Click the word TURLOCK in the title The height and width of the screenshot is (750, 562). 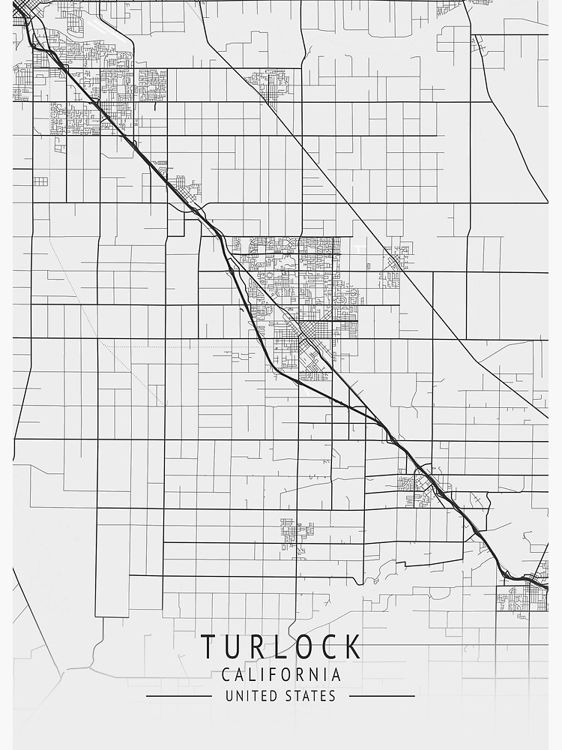pos(281,646)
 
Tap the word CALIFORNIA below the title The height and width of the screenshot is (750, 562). pos(281,674)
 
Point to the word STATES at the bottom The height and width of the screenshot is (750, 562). pos(310,696)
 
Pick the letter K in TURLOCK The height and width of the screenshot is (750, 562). pos(352,646)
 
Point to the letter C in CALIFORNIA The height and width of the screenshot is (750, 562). pos(226,674)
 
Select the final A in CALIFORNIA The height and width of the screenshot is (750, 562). pos(337,674)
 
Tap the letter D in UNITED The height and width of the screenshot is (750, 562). pos(272,696)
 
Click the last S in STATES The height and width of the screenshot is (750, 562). pos(333,696)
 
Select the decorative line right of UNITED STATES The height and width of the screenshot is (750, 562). pos(382,696)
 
